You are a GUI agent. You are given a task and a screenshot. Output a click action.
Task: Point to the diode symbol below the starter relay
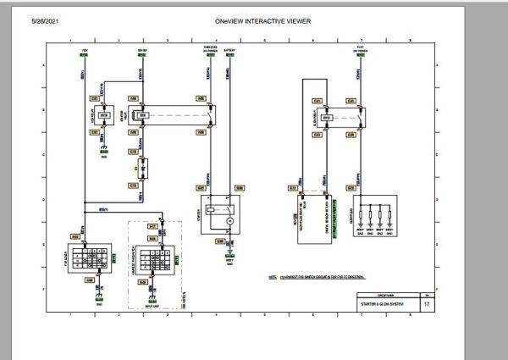[x=141, y=169]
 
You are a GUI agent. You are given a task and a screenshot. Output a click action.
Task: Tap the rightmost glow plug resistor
[x=395, y=213]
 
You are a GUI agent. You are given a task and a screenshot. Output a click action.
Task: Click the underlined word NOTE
[x=273, y=276]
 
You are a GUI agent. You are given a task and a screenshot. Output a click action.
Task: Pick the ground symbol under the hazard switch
[x=153, y=297]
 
